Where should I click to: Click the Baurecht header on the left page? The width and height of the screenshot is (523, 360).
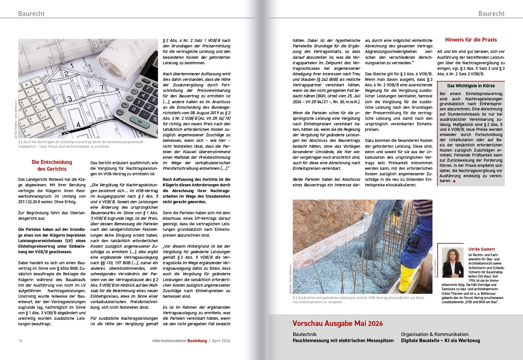(31, 13)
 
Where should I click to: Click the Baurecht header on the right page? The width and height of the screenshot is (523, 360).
(491, 13)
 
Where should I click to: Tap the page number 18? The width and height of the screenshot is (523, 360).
(20, 341)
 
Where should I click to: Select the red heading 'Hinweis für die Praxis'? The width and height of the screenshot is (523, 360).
(471, 40)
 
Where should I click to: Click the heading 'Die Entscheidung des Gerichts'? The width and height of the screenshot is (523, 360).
(52, 165)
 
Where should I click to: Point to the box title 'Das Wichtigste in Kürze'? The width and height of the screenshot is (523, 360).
(471, 86)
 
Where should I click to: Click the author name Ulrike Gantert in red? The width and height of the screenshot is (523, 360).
(481, 249)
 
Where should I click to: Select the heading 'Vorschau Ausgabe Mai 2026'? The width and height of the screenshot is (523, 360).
(337, 323)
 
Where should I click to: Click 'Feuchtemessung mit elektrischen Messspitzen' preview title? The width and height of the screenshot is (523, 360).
(343, 341)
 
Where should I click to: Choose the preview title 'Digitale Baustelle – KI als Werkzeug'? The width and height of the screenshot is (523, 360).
(440, 341)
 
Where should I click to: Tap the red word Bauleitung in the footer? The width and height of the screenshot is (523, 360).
(197, 341)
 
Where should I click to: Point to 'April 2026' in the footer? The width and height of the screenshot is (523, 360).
(221, 341)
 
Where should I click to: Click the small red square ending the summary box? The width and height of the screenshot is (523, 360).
(454, 181)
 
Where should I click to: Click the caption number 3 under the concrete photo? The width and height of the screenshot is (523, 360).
(294, 298)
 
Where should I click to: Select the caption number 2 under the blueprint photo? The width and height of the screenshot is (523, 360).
(19, 142)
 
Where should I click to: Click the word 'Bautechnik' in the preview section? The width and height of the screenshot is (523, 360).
(305, 334)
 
